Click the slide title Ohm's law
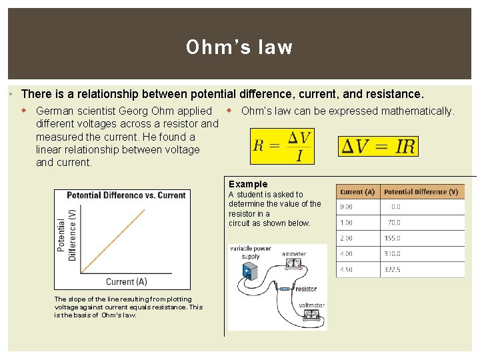239,47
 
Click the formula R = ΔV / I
282,147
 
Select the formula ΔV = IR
379,147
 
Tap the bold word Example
248,184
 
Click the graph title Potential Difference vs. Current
126,195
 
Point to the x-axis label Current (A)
126,282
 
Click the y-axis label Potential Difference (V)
67,231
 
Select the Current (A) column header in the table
357,192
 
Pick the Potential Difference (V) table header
421,192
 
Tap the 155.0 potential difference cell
394,238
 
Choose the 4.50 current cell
347,270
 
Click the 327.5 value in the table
394,270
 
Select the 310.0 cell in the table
394,254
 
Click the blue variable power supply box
250,271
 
